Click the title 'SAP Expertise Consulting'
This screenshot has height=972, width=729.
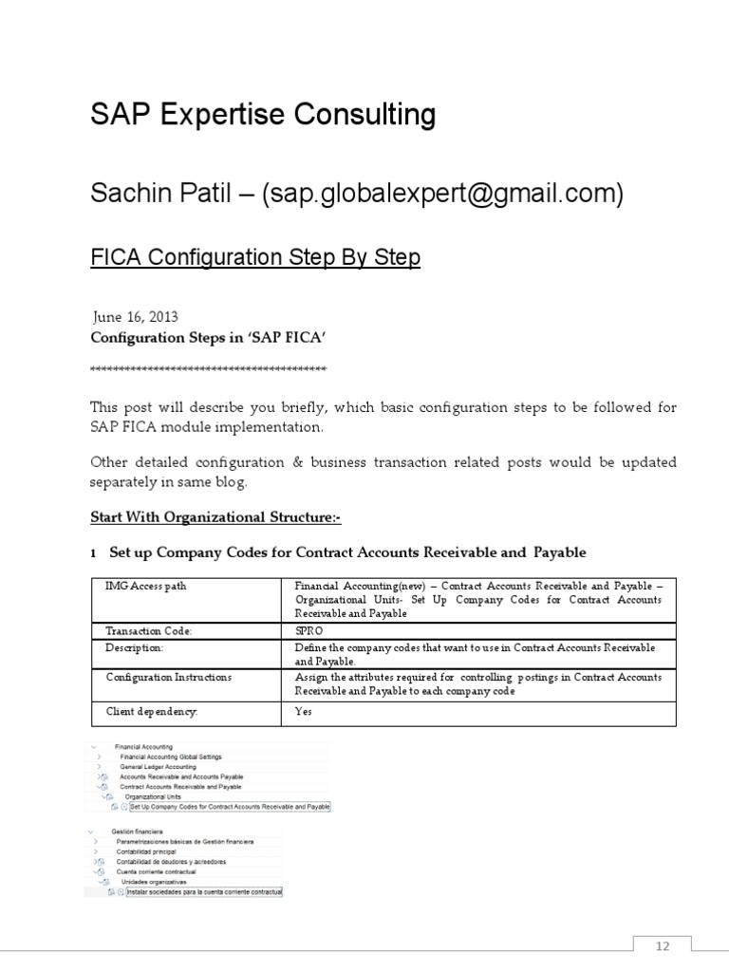[262, 116]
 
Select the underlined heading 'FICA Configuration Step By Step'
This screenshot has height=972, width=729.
[254, 258]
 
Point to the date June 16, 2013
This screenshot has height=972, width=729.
[136, 317]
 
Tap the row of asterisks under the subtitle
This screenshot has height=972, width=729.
[208, 368]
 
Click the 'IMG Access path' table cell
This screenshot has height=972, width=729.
[146, 587]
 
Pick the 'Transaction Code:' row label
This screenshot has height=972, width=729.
[148, 629]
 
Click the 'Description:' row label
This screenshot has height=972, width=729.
[135, 646]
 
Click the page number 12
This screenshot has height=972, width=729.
[664, 945]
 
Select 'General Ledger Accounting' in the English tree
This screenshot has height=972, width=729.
[158, 766]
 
